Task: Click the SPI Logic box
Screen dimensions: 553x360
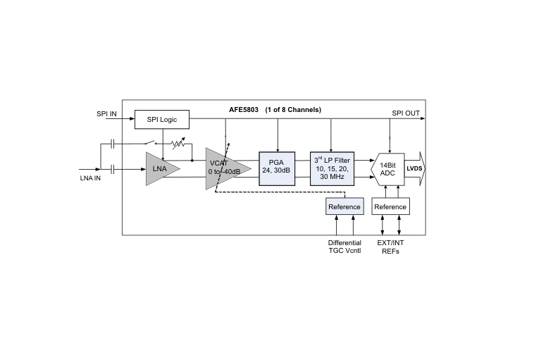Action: (162, 120)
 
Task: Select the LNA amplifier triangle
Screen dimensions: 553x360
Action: (161, 169)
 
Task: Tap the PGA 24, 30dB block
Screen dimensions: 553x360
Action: (277, 169)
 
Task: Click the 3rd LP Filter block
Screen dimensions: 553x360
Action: (332, 169)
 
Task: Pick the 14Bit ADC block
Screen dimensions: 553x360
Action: (387, 169)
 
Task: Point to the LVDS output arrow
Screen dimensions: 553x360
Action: (415, 168)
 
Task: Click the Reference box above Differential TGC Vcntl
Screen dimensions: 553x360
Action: (344, 206)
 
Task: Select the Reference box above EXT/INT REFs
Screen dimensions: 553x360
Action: (390, 206)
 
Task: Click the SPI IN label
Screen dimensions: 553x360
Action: (106, 114)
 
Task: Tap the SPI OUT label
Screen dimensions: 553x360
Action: (406, 113)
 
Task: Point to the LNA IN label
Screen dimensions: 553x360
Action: (90, 178)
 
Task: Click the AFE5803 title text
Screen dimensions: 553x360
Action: (244, 110)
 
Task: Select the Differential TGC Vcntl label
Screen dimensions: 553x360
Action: (344, 247)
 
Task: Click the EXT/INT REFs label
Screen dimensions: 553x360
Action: (390, 247)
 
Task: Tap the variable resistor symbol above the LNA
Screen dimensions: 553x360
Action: (178, 143)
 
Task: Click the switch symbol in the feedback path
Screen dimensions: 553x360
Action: (151, 142)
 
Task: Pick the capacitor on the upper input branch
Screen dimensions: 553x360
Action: (113, 144)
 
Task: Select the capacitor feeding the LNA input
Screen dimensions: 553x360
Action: (113, 169)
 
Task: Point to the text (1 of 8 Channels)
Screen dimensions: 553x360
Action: (293, 110)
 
